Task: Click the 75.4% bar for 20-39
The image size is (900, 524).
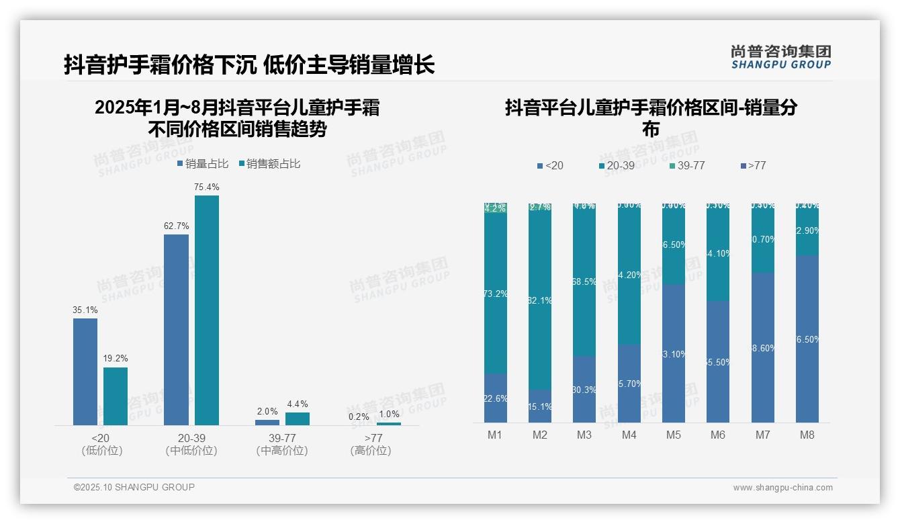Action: [x=206, y=310]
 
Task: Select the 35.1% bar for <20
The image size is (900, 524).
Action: [x=85, y=372]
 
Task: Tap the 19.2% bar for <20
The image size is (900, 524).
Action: [x=116, y=396]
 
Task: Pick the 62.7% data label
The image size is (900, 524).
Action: [x=176, y=226]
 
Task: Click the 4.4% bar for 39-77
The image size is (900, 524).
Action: [x=297, y=419]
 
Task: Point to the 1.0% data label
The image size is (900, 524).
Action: [x=388, y=414]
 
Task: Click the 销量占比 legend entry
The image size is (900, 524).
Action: [x=203, y=164]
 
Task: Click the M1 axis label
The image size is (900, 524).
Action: [x=495, y=435]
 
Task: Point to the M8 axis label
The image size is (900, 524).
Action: [x=807, y=435]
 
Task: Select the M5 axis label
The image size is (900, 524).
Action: [x=673, y=435]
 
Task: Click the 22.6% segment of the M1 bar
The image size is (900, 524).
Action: [x=495, y=398]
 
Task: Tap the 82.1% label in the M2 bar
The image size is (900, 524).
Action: [x=540, y=300]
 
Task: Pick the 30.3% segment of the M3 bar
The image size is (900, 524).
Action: [x=584, y=390]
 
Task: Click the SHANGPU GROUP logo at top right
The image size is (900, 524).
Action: [x=780, y=57]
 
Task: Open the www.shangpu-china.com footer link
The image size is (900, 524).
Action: [x=782, y=488]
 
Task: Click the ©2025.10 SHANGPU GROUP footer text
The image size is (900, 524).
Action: [x=134, y=487]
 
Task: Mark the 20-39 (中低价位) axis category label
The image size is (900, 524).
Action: [x=191, y=444]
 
